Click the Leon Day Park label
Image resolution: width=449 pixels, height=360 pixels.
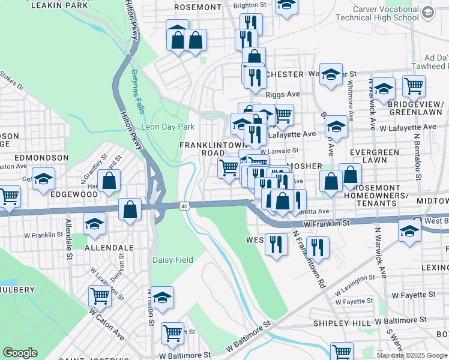[167, 127]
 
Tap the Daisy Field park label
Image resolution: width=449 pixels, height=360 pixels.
[172, 260]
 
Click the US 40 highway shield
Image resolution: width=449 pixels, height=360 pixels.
[185, 206]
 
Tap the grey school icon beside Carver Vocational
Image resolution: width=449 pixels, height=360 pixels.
[427, 12]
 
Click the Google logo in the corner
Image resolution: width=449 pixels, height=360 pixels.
[20, 353]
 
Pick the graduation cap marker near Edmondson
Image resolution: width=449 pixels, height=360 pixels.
[43, 179]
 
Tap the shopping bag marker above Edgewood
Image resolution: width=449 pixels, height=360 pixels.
[109, 179]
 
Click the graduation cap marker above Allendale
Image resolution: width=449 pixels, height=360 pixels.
[94, 223]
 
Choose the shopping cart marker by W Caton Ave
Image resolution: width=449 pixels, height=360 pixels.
[100, 295]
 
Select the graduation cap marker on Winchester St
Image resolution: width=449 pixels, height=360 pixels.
[330, 74]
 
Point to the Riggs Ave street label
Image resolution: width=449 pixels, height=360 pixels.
[283, 94]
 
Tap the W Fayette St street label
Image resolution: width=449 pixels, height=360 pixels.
[412, 295]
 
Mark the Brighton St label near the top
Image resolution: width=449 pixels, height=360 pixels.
[249, 5]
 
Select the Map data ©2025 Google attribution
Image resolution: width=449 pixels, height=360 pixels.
[411, 355]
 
